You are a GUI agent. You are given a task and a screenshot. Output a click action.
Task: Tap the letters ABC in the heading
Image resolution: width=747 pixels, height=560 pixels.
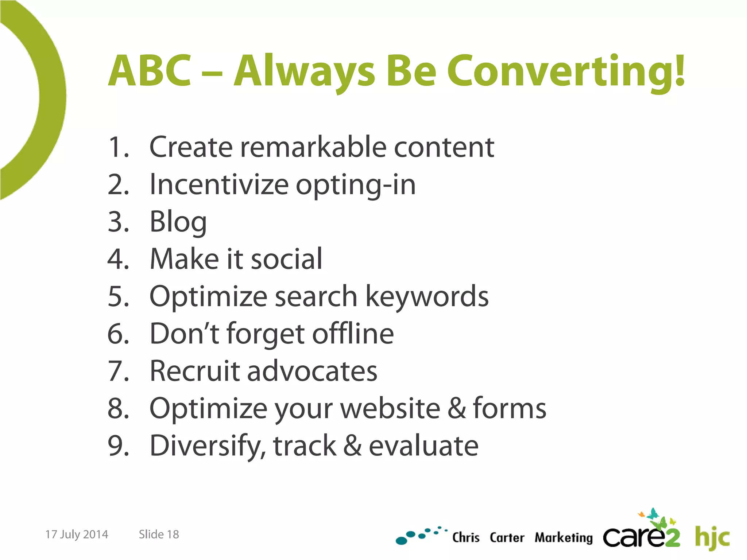click(x=150, y=71)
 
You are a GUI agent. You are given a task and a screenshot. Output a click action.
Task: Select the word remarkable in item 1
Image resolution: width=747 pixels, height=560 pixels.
click(x=313, y=147)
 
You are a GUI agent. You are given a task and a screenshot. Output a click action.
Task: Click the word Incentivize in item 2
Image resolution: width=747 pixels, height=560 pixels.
click(x=219, y=185)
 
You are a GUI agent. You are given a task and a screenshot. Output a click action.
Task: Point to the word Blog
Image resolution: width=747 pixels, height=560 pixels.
click(x=178, y=222)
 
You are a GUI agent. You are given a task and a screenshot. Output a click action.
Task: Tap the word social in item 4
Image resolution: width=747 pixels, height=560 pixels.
click(x=287, y=259)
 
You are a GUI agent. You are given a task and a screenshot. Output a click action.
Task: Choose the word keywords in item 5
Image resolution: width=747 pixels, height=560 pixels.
click(x=427, y=296)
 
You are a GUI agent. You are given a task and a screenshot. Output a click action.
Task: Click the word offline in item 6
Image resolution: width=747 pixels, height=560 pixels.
click(x=353, y=334)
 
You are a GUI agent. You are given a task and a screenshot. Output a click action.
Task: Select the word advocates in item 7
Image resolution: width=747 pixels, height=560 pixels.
click(x=312, y=371)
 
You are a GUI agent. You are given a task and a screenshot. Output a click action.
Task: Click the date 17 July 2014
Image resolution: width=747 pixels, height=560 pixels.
click(x=77, y=534)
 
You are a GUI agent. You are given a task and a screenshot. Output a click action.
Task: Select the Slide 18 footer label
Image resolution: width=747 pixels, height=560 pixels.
click(x=159, y=534)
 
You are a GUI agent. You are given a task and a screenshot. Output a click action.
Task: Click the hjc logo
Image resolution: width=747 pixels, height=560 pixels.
click(x=712, y=537)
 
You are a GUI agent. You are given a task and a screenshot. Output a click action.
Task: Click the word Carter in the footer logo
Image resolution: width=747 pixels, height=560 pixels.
click(x=507, y=538)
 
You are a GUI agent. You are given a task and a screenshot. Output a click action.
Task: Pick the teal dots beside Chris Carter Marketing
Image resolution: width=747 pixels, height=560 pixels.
click(x=419, y=535)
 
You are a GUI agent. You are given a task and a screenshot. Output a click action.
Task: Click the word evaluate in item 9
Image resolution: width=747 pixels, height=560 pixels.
click(x=423, y=446)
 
